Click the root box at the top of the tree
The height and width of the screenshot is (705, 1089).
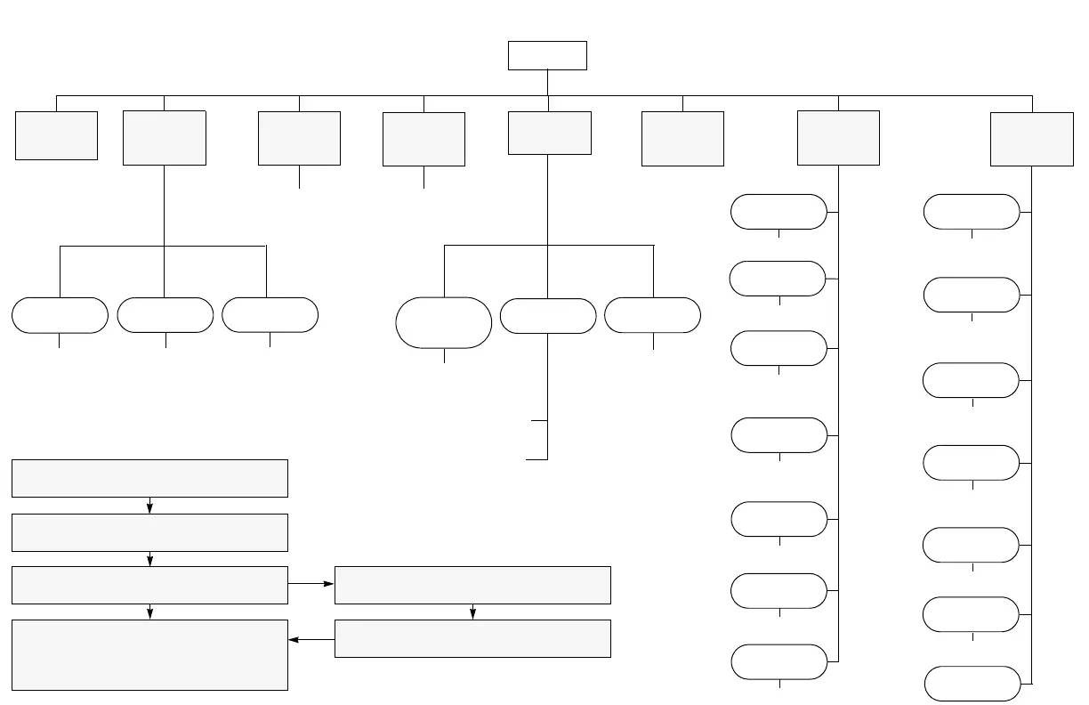coord(547,55)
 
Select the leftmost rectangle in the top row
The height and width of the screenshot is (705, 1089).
coord(56,135)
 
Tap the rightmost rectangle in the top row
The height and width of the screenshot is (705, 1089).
coord(1032,138)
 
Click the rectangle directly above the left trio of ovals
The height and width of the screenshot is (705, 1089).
coord(165,138)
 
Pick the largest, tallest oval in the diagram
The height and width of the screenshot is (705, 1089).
coord(444,322)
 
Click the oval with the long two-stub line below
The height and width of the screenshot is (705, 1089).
coord(548,316)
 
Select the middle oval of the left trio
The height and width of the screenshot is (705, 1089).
coord(165,315)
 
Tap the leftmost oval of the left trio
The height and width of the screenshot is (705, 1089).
coord(60,315)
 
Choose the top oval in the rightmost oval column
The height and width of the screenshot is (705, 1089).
coord(972,212)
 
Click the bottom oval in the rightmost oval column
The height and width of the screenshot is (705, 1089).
coord(972,683)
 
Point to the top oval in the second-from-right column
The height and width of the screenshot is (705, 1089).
coord(778,212)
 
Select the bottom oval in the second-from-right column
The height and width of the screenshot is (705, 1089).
coord(778,662)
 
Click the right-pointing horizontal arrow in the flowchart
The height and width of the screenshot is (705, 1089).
coord(311,585)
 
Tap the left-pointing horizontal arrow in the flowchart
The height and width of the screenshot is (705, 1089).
coord(311,638)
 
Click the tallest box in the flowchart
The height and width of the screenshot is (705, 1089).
coord(149,655)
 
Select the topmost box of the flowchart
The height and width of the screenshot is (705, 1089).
coord(149,478)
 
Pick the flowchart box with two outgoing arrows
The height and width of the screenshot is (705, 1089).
coord(149,585)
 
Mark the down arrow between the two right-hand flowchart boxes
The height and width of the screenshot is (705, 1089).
coord(472,612)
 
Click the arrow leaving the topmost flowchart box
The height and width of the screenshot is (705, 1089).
coord(149,505)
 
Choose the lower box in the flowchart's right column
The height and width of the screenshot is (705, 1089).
coord(472,638)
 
